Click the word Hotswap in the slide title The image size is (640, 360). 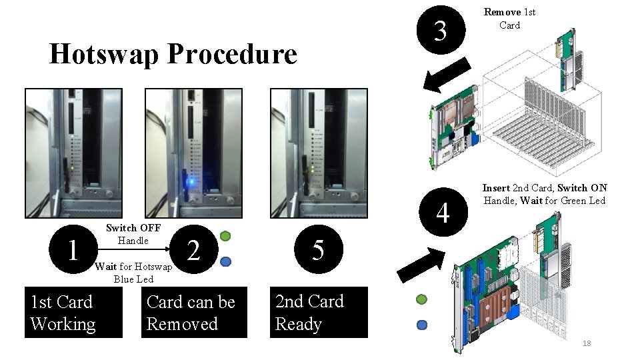pos(101,54)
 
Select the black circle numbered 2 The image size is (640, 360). pos(193,250)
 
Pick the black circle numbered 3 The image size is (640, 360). pos(440,31)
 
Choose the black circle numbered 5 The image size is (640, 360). pos(318,250)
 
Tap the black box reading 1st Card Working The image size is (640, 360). pos(73,313)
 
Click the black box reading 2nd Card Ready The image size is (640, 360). pos(318,313)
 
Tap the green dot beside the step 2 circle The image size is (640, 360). pos(225,235)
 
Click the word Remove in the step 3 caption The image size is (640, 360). pos(502,12)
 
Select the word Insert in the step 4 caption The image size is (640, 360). pos(496,188)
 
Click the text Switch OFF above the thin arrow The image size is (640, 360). pos(133,228)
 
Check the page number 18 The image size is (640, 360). pos(587,343)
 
